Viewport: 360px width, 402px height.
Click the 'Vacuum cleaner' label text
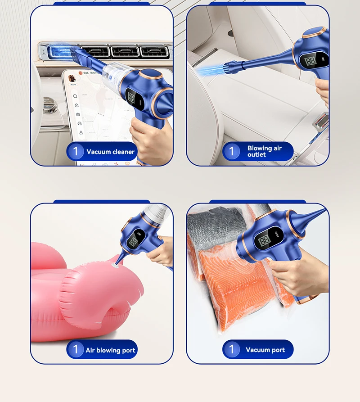(x=110, y=152)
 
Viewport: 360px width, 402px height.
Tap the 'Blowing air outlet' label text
(x=265, y=151)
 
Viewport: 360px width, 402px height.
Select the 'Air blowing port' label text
(x=110, y=350)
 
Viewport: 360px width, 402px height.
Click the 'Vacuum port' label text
(x=265, y=350)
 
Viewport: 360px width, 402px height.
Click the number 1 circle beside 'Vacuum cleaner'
(x=76, y=151)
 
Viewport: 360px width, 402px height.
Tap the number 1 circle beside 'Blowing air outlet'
(x=232, y=151)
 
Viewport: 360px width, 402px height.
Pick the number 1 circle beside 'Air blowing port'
(x=76, y=350)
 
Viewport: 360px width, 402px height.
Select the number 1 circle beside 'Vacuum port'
(x=232, y=350)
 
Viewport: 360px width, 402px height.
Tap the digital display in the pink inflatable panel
(x=133, y=242)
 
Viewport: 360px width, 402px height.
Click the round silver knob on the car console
(x=50, y=107)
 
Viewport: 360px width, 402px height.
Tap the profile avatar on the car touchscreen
(x=72, y=79)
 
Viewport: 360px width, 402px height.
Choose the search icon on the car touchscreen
(x=75, y=96)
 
